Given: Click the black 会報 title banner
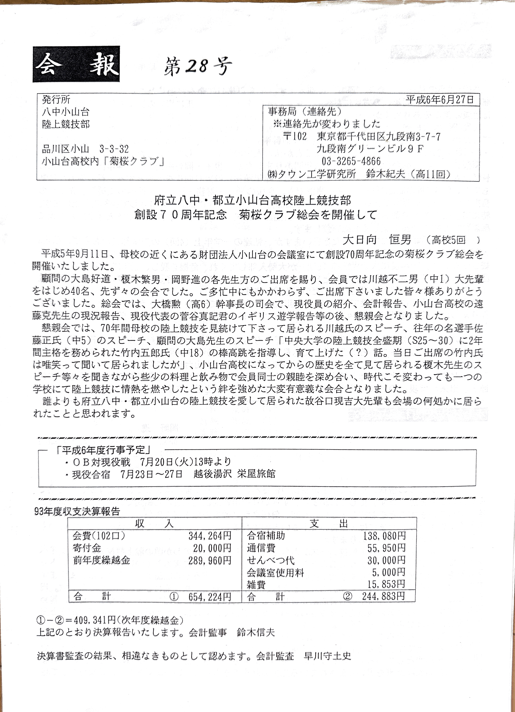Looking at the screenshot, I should pos(76,64).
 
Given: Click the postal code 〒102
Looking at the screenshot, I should pos(294,137).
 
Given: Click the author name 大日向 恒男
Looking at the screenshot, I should pos(376,240).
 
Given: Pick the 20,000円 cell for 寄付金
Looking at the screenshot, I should pos(212,548).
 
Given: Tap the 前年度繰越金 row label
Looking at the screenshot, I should pos(102,560).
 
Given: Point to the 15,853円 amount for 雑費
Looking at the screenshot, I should pos(386,584).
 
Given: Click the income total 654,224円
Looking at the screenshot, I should pos(210,597).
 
